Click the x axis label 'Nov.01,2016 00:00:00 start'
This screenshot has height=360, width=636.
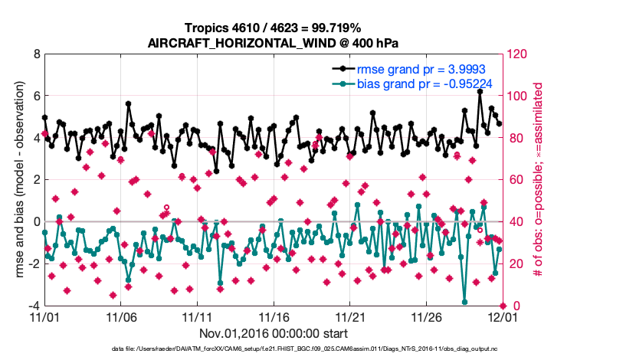click(x=274, y=333)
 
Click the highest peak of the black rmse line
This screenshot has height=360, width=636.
click(x=480, y=91)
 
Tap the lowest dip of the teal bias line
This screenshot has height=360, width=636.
click(x=464, y=302)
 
